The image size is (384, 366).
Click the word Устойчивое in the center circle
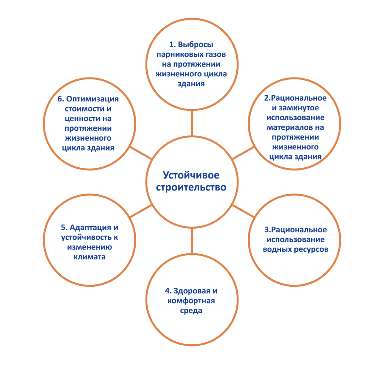(191, 176)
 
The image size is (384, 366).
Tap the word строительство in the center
(191, 187)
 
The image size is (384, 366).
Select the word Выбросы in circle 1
(195, 45)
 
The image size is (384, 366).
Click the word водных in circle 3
(277, 250)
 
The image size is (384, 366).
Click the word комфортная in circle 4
(191, 301)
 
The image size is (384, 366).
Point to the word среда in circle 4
(191, 311)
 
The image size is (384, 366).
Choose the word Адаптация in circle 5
(90, 228)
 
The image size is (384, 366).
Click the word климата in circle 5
(89, 257)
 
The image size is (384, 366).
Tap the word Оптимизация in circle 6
(92, 99)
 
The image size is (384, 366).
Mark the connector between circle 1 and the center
(192, 123)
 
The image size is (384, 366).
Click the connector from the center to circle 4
(192, 241)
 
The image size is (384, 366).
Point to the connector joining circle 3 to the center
(243, 211)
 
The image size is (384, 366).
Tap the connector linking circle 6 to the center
(141, 153)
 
